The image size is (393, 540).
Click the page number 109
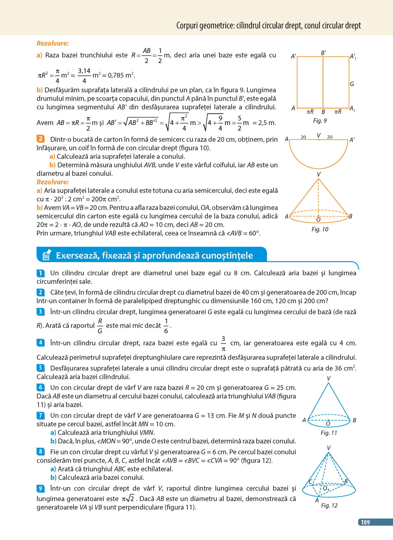click(365, 522)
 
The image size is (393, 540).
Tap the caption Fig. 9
click(320, 120)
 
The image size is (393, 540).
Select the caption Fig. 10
click(320, 229)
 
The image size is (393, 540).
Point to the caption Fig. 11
click(329, 433)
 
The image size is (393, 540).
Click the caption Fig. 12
click(329, 505)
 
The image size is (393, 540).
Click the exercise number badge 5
click(40, 368)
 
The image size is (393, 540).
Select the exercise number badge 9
click(40, 488)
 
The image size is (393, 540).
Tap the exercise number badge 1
click(40, 273)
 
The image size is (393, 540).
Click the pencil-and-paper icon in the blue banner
click(47, 255)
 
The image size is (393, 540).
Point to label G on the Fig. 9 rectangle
click(352, 84)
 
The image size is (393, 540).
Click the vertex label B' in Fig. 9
click(323, 53)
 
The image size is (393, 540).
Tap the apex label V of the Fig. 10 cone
click(318, 174)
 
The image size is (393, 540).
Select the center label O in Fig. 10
click(318, 220)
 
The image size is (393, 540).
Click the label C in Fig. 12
click(310, 481)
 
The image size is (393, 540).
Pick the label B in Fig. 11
click(354, 420)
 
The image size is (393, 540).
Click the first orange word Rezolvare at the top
click(52, 44)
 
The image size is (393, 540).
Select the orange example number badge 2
click(40, 139)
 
